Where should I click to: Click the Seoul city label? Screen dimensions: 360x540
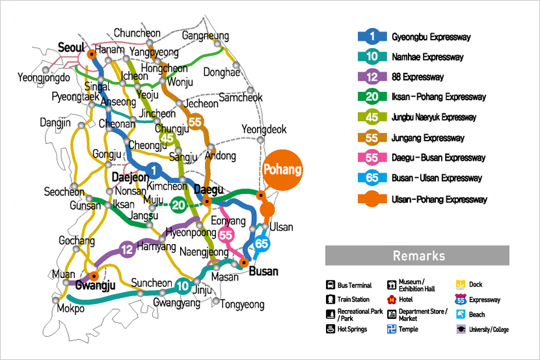point(72,47)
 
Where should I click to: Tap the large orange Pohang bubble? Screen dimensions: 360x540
point(282,171)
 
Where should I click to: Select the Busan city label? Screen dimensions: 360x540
point(263,271)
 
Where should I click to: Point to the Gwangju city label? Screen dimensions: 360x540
point(95,285)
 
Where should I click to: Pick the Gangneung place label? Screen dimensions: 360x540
point(206,35)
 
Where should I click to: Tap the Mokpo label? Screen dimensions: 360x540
point(70,309)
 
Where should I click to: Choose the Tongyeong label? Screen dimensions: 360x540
point(242,304)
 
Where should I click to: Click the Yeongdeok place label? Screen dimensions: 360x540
point(263,130)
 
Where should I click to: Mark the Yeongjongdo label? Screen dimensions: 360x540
point(44,78)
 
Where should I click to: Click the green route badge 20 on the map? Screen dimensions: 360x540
point(179,206)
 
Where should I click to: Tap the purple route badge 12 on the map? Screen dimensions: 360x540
point(128,249)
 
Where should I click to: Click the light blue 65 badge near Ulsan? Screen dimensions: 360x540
point(262,243)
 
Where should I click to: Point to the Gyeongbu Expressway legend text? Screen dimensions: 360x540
point(431,37)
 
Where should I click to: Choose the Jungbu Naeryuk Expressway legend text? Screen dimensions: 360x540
point(434,118)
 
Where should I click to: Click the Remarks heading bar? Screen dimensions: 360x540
point(417,255)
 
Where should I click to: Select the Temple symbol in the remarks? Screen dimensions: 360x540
point(392,329)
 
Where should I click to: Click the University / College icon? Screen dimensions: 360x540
point(461,329)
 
